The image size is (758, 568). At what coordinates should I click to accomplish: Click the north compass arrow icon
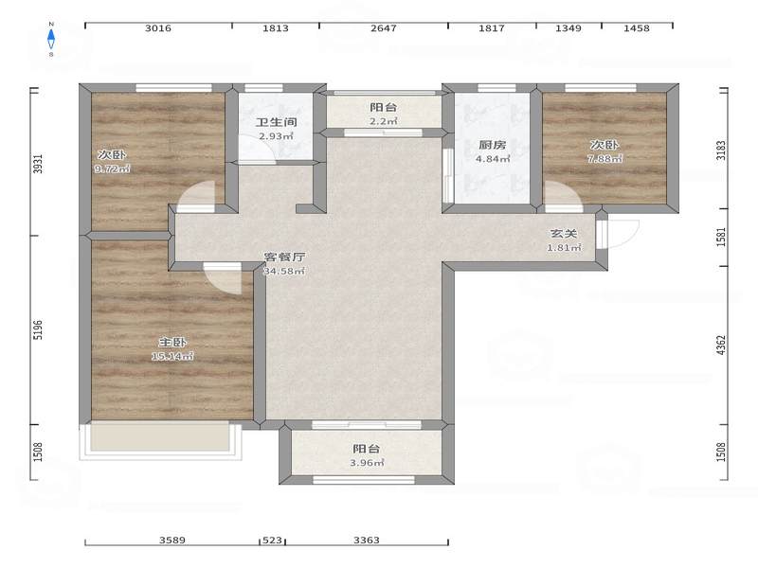51,39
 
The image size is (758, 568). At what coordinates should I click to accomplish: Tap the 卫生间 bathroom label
276,122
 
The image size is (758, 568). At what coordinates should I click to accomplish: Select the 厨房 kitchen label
492,145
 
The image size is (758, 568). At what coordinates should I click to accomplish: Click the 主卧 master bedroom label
172,342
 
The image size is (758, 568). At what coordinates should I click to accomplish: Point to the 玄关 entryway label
564,233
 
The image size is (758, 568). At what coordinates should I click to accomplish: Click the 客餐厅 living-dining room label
284,257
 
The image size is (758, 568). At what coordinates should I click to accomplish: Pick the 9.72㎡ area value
113,169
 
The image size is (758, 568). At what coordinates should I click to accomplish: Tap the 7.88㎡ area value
605,158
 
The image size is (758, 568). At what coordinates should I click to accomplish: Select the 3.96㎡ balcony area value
367,463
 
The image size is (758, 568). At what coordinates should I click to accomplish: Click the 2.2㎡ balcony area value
384,121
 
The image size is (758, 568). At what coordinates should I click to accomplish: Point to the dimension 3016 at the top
158,28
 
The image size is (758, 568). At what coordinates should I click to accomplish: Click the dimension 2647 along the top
384,28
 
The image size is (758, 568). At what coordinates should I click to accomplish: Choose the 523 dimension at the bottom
272,540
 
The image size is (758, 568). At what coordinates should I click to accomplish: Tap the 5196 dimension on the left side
38,329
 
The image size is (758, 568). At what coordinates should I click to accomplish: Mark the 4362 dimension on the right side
721,346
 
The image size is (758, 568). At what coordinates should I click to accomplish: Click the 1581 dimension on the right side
721,238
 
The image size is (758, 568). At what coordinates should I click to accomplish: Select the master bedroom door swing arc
223,279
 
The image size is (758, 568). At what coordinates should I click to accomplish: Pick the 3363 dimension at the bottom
367,540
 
